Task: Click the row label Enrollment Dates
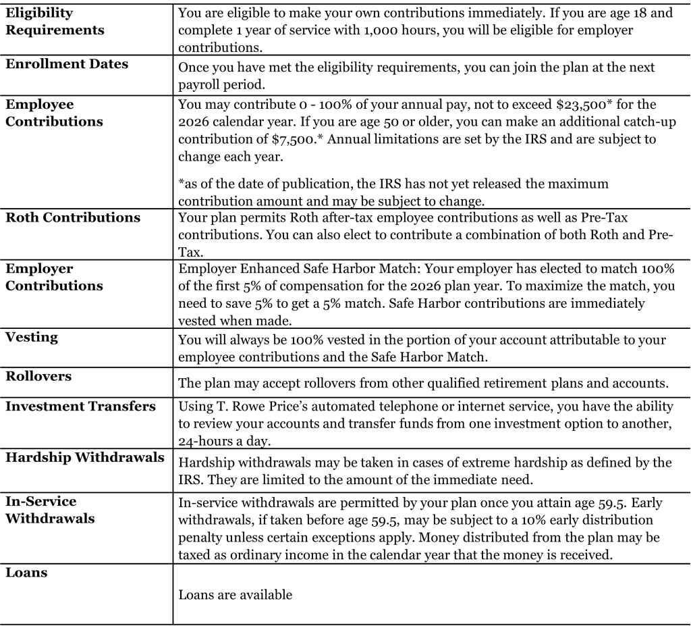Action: (x=67, y=64)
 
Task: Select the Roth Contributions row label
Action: (x=73, y=217)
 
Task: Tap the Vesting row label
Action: (x=32, y=336)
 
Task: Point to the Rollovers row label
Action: (x=38, y=375)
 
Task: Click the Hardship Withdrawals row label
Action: (x=84, y=457)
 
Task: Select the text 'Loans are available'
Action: (x=235, y=595)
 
